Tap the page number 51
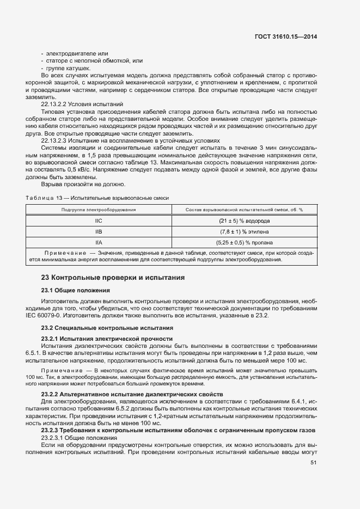pos(313,463)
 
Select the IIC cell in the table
pos(99,221)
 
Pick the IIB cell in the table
pos(99,232)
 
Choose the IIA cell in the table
pos(99,243)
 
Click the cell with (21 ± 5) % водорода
pos(245,221)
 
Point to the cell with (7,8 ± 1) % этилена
pos(245,232)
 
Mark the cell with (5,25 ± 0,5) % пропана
pos(245,243)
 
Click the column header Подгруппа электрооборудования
pos(99,210)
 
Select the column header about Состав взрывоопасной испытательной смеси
pos(245,210)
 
